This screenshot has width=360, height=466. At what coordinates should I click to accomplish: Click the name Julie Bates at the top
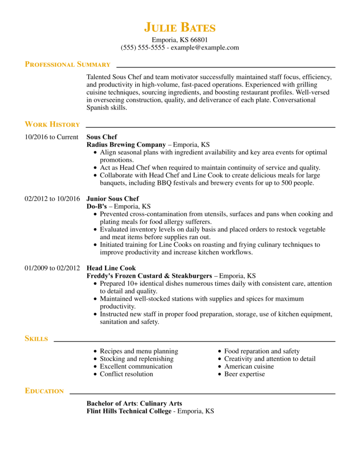[x=180, y=27]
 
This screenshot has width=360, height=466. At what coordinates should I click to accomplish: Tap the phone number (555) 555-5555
[x=142, y=48]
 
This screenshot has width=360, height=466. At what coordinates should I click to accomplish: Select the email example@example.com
[x=205, y=48]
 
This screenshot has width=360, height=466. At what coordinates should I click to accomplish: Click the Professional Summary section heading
[x=67, y=65]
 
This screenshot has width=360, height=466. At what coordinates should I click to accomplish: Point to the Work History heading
[x=52, y=124]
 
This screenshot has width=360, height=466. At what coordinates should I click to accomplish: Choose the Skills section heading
[x=36, y=339]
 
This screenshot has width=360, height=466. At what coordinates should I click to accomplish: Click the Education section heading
[x=44, y=391]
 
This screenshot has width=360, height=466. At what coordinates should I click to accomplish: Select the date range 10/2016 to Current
[x=51, y=137]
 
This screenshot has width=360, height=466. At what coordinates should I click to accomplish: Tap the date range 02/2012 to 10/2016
[x=52, y=199]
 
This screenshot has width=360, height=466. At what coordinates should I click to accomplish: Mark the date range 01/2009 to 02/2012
[x=52, y=268]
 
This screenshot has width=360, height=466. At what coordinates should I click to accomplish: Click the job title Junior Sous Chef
[x=112, y=199]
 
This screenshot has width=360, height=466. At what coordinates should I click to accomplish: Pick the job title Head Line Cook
[x=111, y=268]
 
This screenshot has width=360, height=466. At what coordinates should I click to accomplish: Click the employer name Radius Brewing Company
[x=126, y=145]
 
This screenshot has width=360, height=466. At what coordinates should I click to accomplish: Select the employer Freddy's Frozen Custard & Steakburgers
[x=149, y=276]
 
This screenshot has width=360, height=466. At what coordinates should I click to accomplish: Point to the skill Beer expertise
[x=244, y=374]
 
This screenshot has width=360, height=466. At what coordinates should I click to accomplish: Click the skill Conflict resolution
[x=127, y=374]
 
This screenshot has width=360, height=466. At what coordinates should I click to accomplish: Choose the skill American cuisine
[x=249, y=366]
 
